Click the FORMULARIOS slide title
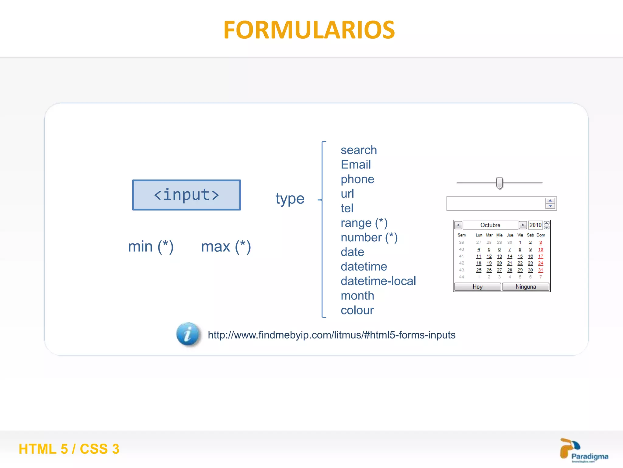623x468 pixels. point(309,30)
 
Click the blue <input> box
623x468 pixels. point(186,195)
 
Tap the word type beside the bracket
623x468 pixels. point(290,199)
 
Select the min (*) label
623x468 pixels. point(151,246)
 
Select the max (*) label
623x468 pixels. point(226,246)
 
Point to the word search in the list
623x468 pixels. point(359,150)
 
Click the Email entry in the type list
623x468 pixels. point(356,165)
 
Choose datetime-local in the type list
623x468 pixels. point(378,281)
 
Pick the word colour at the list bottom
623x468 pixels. point(357,310)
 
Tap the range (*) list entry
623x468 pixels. point(364,223)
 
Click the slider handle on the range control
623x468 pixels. point(499,183)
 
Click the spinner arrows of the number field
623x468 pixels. point(550,203)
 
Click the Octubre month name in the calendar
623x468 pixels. point(490,225)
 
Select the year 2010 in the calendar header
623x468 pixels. point(535,225)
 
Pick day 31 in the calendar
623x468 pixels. point(541,270)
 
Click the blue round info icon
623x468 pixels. point(188,334)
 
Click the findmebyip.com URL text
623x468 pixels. point(332,335)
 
